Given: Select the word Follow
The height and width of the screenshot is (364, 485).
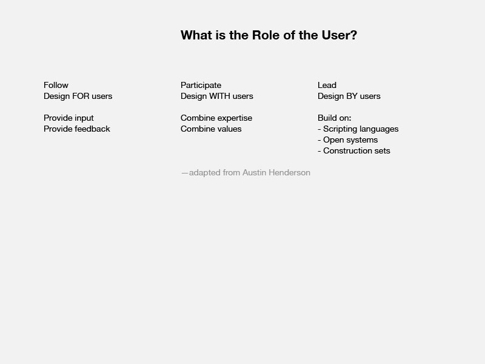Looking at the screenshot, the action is point(56,85).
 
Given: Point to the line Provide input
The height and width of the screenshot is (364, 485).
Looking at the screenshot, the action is point(69,118).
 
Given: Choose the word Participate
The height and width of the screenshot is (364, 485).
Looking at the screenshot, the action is point(201,86).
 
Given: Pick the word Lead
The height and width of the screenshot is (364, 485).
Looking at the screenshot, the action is point(327,85).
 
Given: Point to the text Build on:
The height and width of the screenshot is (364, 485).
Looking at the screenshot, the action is point(335,118).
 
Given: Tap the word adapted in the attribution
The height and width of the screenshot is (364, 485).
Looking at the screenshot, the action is point(205,173).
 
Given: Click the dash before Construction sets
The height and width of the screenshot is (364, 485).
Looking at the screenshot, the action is point(319,151).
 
